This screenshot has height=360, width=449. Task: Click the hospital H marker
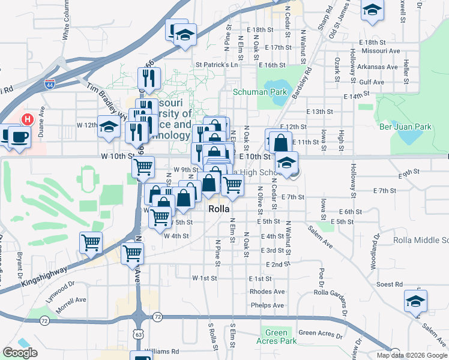point(26,119)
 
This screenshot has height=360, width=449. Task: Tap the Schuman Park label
point(260,92)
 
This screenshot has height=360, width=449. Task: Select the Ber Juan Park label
point(406,127)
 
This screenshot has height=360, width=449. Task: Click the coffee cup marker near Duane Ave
point(19,136)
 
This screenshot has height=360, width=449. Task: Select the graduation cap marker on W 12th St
point(109,127)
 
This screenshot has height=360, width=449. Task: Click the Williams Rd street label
point(161,352)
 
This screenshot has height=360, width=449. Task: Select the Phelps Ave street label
point(267,305)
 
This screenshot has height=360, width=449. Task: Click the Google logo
point(20,353)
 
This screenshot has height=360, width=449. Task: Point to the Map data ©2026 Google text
point(412,355)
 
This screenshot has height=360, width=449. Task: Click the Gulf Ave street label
point(372,82)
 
